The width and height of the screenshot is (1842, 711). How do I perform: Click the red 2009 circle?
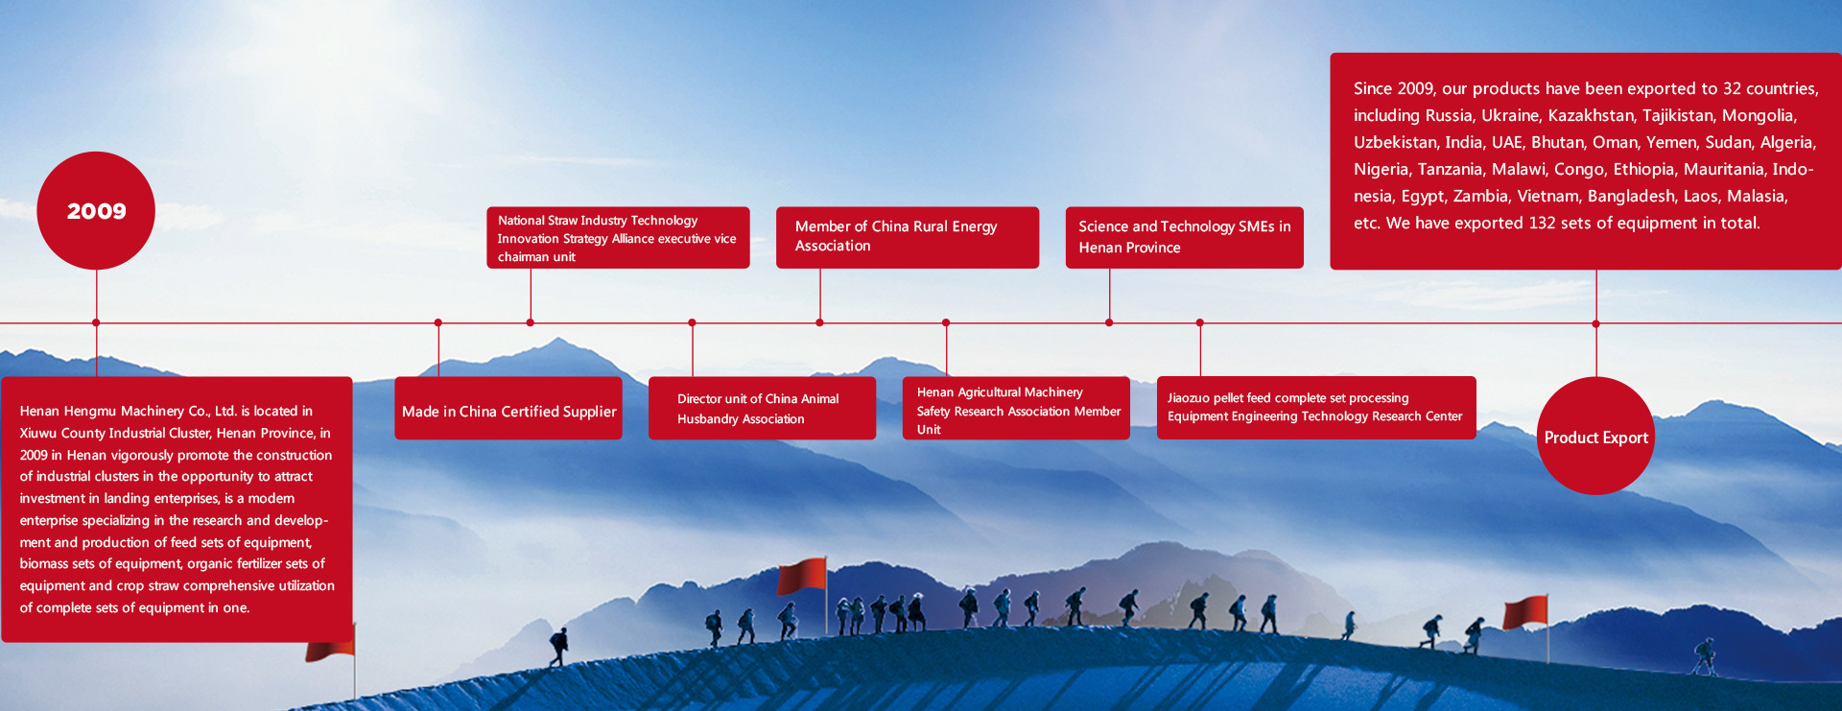[96, 210]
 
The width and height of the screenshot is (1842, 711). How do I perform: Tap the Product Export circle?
[1595, 436]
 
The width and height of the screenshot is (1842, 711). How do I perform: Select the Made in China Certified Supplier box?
[508, 408]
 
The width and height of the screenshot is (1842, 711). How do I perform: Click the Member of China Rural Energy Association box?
[908, 237]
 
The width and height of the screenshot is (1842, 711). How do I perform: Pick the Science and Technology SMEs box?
[1184, 237]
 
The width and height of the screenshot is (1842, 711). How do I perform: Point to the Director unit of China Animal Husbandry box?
[762, 408]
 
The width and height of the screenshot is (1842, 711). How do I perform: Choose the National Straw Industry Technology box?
[618, 237]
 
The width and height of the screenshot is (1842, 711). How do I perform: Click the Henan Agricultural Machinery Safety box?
[1016, 408]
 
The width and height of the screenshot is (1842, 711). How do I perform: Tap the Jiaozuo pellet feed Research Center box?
[1316, 408]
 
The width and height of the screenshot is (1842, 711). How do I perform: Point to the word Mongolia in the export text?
[1759, 115]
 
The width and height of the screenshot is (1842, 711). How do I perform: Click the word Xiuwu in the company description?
[38, 433]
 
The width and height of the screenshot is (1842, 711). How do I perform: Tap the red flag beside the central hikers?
[802, 576]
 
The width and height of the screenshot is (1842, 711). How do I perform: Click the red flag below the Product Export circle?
[1525, 613]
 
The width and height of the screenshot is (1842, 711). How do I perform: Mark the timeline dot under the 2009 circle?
[96, 322]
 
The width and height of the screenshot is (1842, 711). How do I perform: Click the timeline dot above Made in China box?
[438, 322]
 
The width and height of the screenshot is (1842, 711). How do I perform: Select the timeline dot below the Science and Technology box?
[1109, 322]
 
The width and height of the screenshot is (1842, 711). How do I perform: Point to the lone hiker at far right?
[1704, 656]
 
